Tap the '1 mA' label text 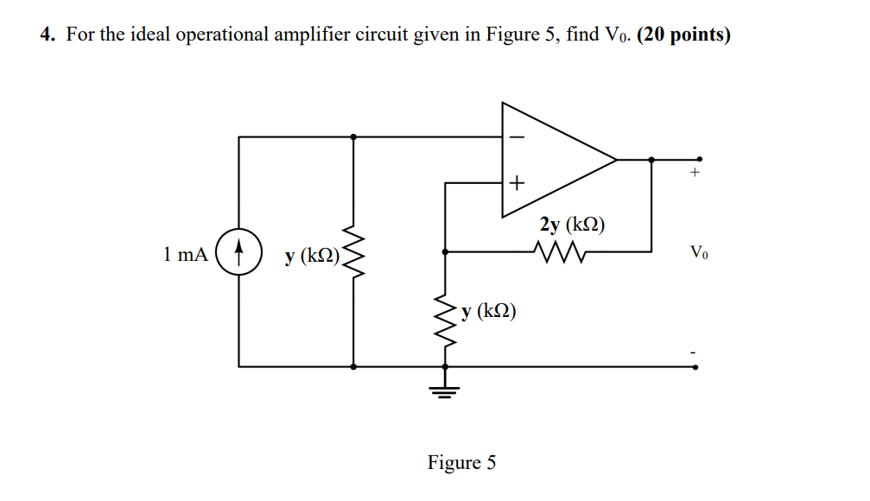point(185,254)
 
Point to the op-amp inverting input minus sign point(516,136)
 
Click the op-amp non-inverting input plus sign point(516,183)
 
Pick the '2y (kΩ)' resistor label point(572,225)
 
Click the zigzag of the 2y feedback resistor point(561,251)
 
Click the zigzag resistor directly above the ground point(445,320)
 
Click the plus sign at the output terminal point(693,174)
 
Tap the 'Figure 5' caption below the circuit point(461,463)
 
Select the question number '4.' point(48,36)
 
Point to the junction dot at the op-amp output point(651,159)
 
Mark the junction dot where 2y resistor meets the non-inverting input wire point(445,251)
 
